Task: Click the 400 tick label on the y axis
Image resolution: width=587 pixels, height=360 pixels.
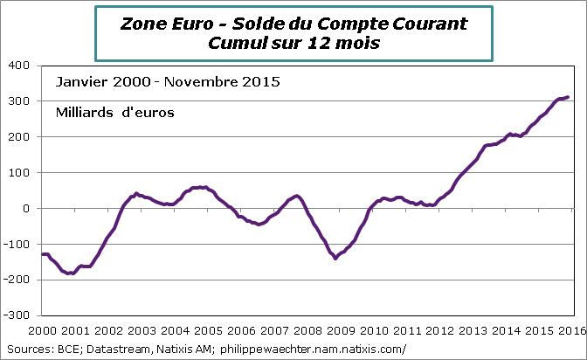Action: (18, 66)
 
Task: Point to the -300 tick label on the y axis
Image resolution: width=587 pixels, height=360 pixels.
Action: (17, 315)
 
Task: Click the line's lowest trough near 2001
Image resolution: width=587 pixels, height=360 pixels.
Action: (71, 273)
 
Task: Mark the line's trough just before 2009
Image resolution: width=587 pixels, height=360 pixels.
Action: (335, 258)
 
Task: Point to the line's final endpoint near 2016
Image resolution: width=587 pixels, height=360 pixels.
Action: (568, 97)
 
